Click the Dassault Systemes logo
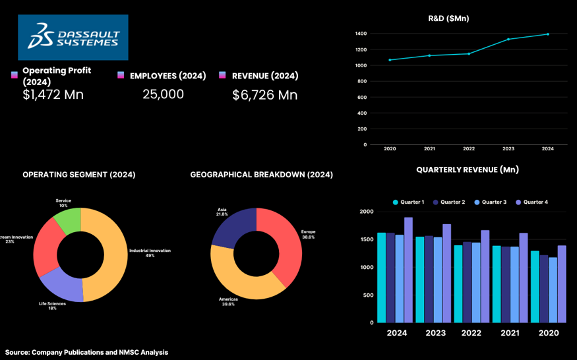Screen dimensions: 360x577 coord(73,37)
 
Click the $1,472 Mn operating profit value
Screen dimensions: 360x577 coord(53,94)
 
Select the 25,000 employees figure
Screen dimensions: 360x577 coord(163,94)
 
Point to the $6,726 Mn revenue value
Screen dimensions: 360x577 coord(264,95)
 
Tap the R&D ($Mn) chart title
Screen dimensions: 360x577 coord(448,18)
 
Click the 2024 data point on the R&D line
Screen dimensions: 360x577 coord(547,34)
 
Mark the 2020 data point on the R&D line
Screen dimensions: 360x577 coord(390,60)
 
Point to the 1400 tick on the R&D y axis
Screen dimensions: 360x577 coord(361,34)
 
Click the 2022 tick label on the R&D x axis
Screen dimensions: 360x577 coord(468,149)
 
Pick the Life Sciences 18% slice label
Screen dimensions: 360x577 coord(52,306)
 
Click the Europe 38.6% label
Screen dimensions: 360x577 coord(308,234)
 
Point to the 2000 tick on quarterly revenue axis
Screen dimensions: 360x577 coord(366,212)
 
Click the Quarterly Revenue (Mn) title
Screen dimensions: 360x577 coord(467,169)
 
